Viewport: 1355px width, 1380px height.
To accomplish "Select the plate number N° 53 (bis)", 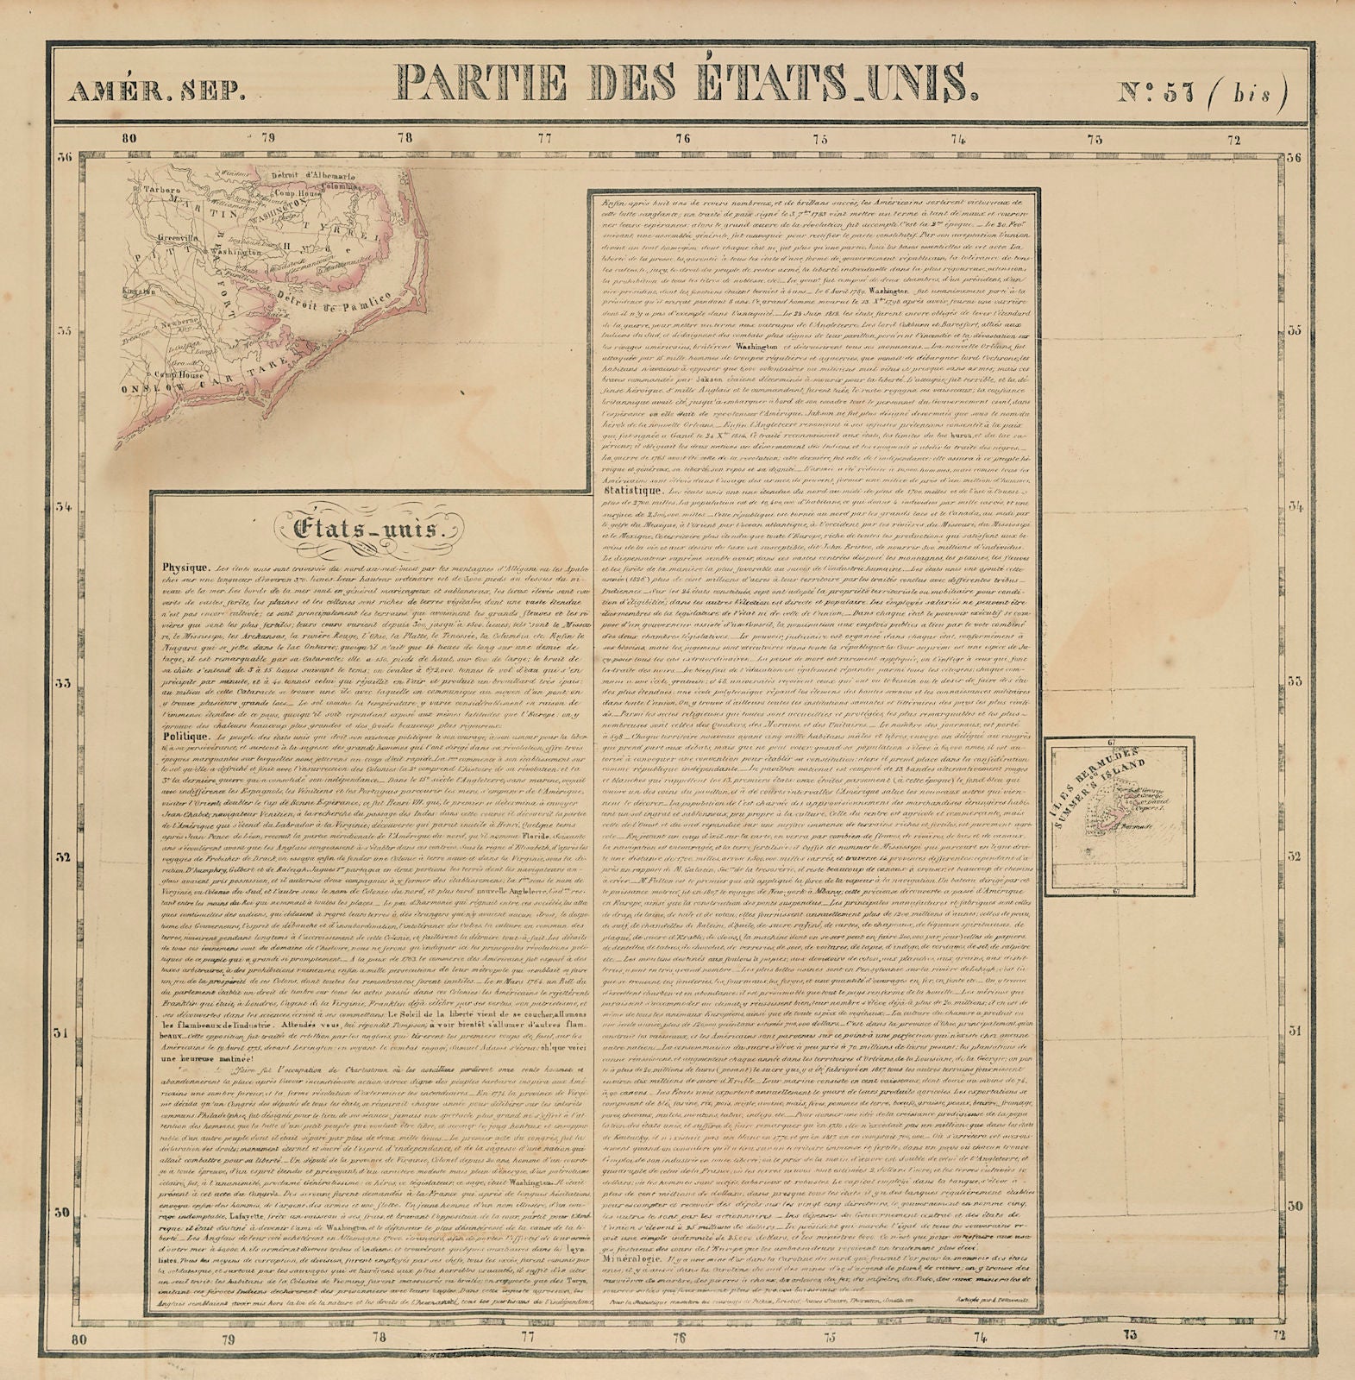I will click(x=1201, y=86).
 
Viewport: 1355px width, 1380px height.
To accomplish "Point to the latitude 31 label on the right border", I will click(x=1292, y=1031).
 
